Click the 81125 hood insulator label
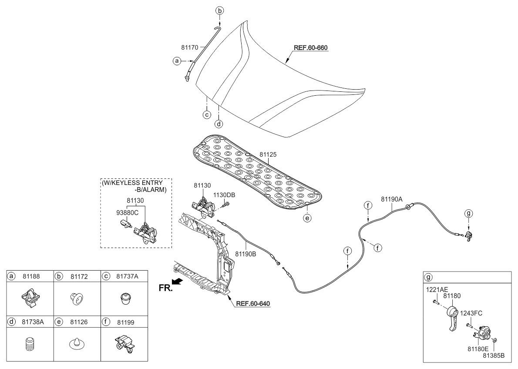268,154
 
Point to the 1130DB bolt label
224,195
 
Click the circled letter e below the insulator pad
308,218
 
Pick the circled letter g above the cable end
468,213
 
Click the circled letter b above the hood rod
220,10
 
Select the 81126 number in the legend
78,322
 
